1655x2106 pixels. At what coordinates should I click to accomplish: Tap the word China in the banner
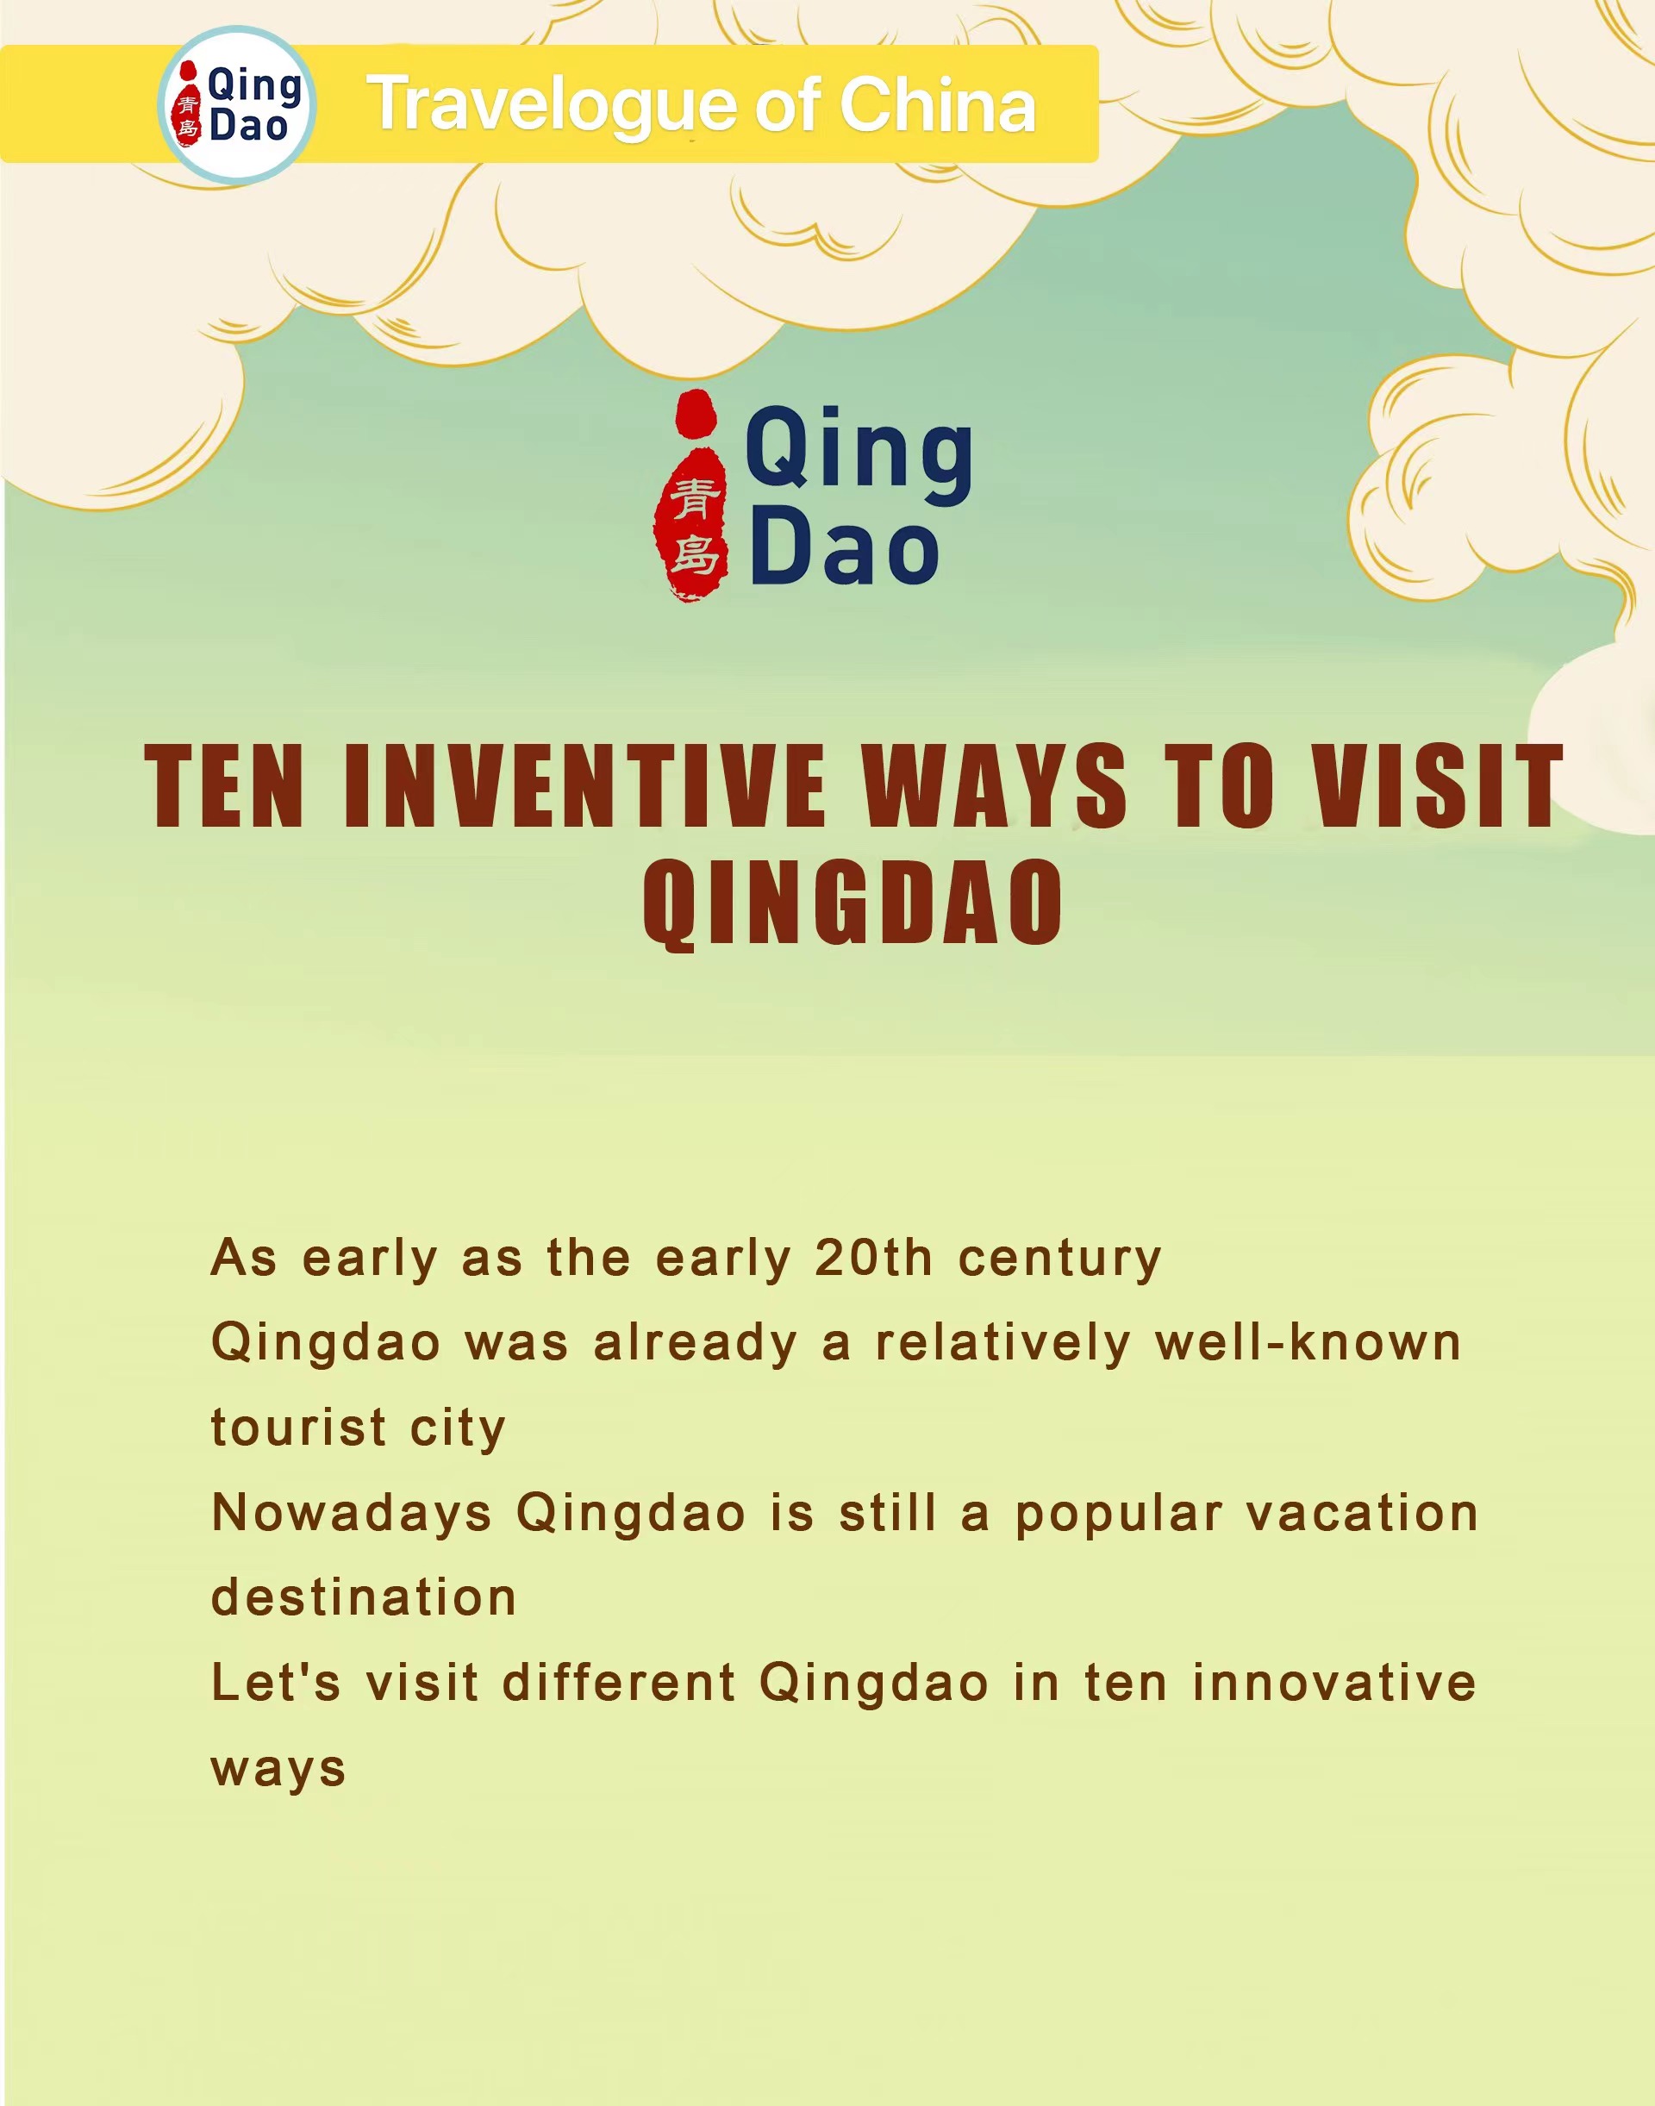(x=937, y=103)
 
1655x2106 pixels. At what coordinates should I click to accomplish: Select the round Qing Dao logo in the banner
(x=237, y=104)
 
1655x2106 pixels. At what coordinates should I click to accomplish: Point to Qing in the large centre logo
(x=859, y=453)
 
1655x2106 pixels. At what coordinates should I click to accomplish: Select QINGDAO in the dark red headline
(x=852, y=902)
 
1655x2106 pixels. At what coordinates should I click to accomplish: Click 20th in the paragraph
(x=874, y=1258)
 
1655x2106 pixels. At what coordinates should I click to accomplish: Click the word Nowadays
(x=352, y=1513)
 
